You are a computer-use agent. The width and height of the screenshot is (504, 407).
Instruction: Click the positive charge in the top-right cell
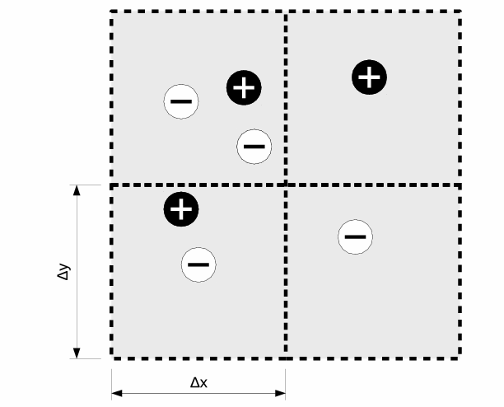pos(370,77)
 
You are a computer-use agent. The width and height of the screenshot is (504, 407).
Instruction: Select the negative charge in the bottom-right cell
pos(355,237)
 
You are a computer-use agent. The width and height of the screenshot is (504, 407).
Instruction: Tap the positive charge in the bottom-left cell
pos(181,209)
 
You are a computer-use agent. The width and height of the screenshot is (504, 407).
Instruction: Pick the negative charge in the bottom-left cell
pos(198,264)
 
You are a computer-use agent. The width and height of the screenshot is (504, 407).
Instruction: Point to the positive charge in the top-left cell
pos(244,87)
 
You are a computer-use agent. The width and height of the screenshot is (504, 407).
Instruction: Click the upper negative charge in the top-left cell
pos(180,102)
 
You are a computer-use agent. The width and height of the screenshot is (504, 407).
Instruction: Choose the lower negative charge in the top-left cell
pos(254,147)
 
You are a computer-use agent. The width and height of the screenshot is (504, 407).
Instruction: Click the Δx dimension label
pos(198,383)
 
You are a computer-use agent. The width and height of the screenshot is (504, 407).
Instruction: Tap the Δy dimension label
pos(63,272)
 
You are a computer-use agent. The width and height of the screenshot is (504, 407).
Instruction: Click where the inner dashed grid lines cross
pos(285,185)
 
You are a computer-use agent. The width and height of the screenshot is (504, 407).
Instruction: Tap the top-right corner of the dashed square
pos(460,12)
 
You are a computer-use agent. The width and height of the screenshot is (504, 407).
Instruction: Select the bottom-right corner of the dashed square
pos(460,358)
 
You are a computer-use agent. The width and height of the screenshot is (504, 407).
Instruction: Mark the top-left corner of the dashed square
pos(112,12)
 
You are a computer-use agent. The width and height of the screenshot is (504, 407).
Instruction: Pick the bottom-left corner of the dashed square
pos(112,358)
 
